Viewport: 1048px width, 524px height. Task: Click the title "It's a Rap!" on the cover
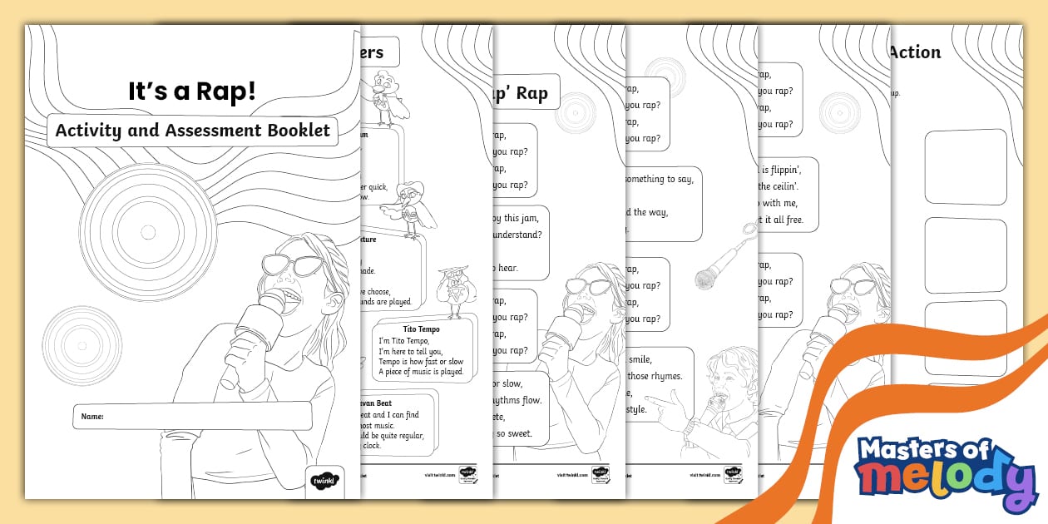192,91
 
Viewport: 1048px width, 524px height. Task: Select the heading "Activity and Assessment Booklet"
192,131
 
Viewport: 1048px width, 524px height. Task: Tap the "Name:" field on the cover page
192,416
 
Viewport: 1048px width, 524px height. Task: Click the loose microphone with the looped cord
718,264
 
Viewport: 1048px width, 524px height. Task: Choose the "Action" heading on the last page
915,52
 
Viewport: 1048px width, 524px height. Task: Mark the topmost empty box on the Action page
965,166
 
